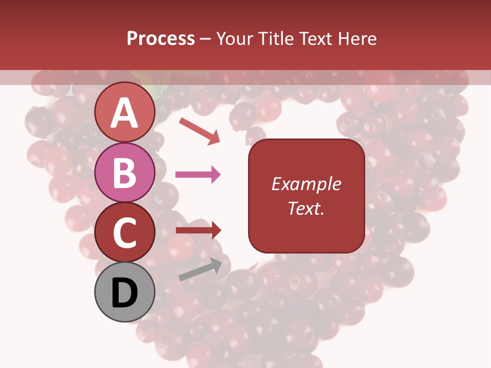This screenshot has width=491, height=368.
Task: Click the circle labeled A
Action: [125, 113]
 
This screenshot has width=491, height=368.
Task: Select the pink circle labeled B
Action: [125, 172]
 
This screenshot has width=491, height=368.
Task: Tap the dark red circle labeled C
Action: [125, 232]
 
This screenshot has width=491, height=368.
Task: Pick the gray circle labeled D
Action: [125, 292]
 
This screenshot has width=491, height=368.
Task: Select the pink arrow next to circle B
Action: [198, 175]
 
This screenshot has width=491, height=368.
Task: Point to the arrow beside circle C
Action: [198, 230]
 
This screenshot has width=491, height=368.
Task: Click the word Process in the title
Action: [161, 39]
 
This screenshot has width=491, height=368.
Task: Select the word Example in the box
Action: [306, 184]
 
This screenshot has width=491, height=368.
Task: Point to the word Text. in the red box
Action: [306, 208]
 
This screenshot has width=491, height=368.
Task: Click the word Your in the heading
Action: [234, 39]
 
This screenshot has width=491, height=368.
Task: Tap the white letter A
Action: [125, 113]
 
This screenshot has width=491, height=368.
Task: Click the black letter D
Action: [125, 293]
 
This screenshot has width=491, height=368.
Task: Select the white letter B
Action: [125, 173]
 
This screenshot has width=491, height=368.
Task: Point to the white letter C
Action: [125, 233]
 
